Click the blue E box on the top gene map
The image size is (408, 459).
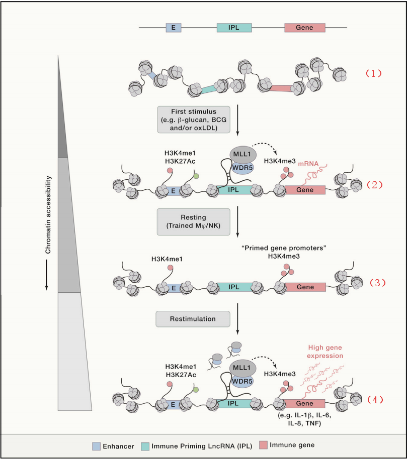pyautogui.click(x=174, y=28)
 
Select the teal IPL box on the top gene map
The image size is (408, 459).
pyautogui.click(x=234, y=28)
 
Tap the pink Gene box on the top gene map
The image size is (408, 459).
pyautogui.click(x=304, y=28)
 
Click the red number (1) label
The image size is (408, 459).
pyautogui.click(x=373, y=73)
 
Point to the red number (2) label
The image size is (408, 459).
pyautogui.click(x=373, y=184)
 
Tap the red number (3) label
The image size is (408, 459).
pyautogui.click(x=373, y=282)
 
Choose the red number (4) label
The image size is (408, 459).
pyautogui.click(x=373, y=400)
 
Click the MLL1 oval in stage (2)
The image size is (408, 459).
pyautogui.click(x=242, y=153)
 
